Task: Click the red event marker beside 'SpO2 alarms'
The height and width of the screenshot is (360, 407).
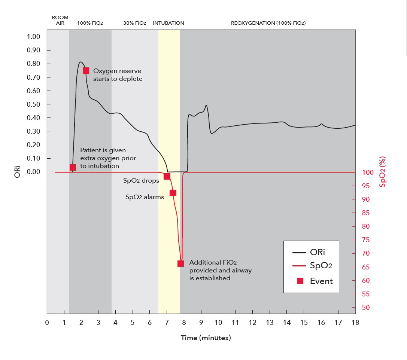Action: point(173,193)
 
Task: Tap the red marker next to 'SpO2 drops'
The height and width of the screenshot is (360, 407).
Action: point(167,176)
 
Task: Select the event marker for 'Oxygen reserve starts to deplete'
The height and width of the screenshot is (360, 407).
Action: point(86,71)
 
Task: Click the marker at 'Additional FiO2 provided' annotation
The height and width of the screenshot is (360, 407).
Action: point(181,263)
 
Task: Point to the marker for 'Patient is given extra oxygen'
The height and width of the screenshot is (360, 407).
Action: point(73,167)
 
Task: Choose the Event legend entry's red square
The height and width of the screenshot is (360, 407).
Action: point(300,281)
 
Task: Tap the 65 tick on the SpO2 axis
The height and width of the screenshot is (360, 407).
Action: point(365,267)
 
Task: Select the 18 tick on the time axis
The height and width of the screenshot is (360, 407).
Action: point(355,322)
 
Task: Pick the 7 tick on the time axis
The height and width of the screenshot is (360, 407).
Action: point(167,322)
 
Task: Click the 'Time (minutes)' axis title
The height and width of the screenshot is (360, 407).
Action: point(206,338)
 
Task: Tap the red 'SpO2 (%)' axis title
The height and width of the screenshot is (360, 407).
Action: point(382,172)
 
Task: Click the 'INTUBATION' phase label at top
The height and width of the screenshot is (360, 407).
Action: point(168,23)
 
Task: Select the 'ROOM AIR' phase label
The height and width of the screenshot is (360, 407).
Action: point(60,20)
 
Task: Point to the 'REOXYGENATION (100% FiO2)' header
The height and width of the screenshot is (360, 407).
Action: point(268,23)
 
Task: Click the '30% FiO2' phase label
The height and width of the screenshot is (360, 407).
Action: point(134,23)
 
